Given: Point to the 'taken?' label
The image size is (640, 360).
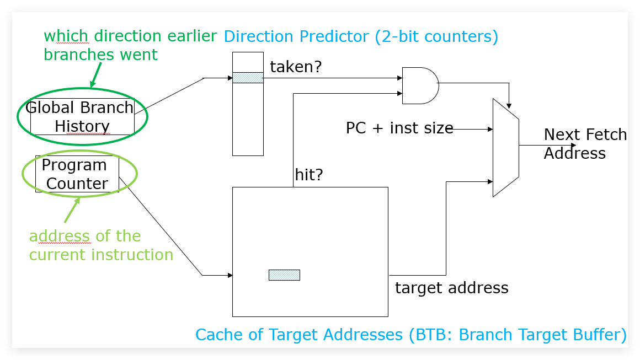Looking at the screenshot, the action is pos(296,67).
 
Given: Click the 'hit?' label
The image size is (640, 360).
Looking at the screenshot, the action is pos(308,175).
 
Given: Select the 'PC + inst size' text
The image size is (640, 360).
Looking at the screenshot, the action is pos(399,128).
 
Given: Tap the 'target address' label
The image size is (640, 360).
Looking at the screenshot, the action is pos(451,288).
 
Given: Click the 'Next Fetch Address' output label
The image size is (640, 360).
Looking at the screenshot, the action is pos(585,143).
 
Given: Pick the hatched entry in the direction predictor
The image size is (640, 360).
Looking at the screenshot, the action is pos(248,78).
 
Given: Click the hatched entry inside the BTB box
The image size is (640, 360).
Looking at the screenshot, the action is pos(284,275).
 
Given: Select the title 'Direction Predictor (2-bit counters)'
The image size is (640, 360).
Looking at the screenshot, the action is pos(361,36).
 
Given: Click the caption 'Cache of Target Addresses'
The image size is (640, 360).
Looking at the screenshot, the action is pos(299,335).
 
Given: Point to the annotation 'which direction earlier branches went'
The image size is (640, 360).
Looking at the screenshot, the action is pos(130,45).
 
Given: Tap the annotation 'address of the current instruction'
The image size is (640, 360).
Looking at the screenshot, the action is pos(101,245).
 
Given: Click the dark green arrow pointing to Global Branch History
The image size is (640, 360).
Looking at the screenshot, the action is pos(96,75).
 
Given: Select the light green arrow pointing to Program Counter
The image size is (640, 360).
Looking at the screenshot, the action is pos(72,210).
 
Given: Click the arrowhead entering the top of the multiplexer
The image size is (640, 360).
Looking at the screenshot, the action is pos(509,106).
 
